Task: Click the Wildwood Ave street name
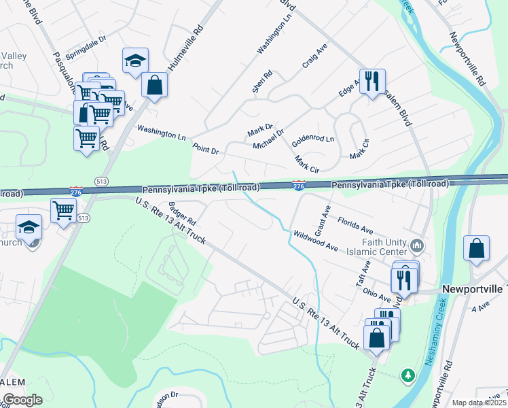click(x=315, y=241)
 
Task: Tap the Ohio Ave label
click(x=376, y=294)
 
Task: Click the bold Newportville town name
click(x=474, y=288)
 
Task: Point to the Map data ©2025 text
click(x=479, y=403)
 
